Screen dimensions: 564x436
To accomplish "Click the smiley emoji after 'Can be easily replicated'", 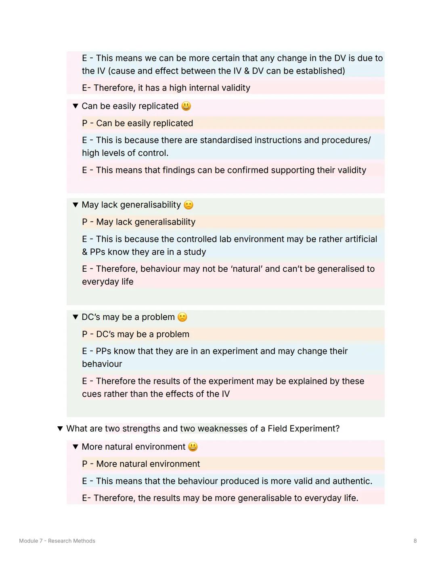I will click(186, 106).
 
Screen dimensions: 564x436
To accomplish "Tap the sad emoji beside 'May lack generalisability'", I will click(189, 205).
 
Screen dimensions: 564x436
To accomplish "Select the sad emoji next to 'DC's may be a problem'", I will click(182, 317).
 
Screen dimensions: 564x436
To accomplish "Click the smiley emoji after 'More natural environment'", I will click(193, 447).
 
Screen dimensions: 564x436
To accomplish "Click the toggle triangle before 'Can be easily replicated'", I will click(75, 106).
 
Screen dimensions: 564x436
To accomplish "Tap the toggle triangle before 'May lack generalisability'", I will click(75, 205).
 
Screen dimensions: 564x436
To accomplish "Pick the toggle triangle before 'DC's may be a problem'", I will click(75, 317).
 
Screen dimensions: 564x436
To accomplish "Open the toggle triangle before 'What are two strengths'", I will click(60, 429).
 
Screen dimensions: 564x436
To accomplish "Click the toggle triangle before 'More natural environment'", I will click(75, 447).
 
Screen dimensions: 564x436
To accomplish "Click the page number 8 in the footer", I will click(415, 541).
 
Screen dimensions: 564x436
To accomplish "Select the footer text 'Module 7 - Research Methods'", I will click(57, 541).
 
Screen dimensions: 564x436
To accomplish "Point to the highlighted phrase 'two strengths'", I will click(132, 429).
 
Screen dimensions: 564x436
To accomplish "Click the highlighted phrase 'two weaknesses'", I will click(214, 429).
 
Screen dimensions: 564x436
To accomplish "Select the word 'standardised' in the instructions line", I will click(226, 140).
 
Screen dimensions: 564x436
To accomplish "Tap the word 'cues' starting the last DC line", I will click(92, 394).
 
